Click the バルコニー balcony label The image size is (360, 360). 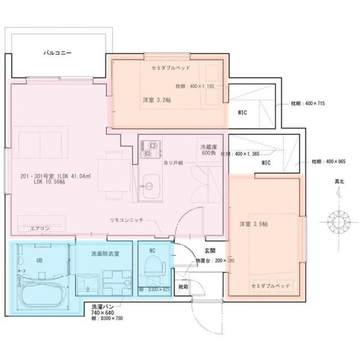point(57,55)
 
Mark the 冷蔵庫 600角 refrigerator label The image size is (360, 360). point(208,150)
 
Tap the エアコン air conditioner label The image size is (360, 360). point(40,228)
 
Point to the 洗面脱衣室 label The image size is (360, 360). point(104,254)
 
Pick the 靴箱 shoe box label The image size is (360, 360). point(183,286)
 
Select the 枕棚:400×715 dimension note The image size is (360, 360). point(308,104)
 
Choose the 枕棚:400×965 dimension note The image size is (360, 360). point(330,161)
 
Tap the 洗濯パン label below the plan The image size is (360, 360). point(101,307)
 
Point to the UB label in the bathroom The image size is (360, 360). point(39,260)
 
